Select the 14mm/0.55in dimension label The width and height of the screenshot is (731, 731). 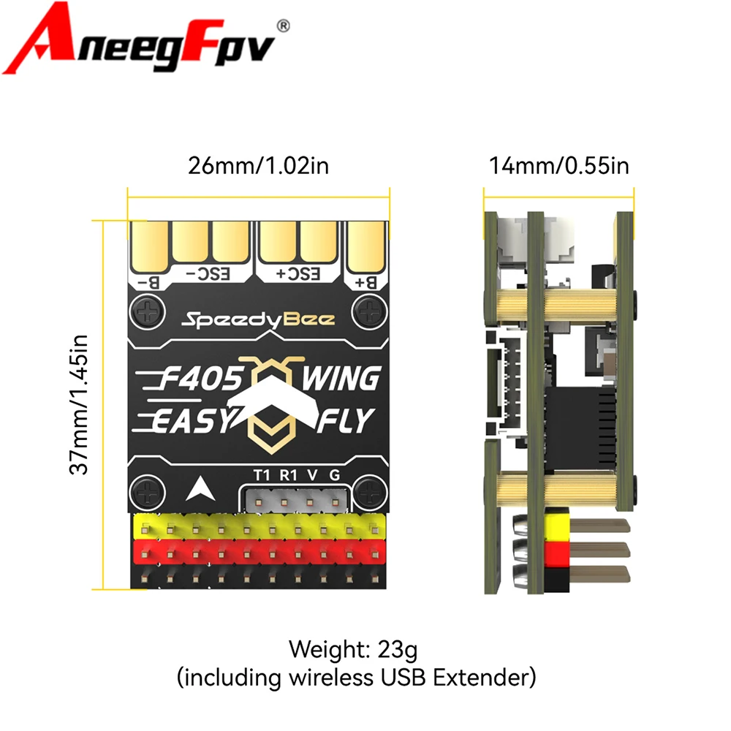click(x=559, y=165)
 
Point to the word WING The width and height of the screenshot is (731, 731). click(x=341, y=379)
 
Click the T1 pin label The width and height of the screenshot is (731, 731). click(x=262, y=474)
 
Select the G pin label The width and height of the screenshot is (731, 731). click(x=334, y=474)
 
